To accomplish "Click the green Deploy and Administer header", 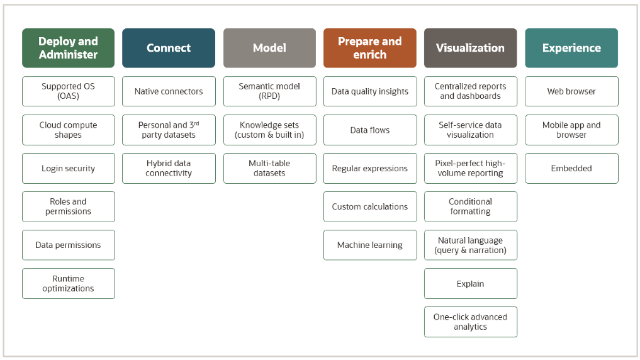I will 68,48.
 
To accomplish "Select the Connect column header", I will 169,48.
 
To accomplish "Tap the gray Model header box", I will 269,48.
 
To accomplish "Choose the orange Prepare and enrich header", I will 369,48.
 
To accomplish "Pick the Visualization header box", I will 470,48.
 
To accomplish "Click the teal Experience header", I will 571,48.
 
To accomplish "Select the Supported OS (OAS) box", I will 68,91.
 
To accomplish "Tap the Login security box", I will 68,169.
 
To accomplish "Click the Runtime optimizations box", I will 68,283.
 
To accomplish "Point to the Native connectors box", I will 169,91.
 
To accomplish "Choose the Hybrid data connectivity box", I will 169,169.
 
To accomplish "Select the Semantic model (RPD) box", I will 269,91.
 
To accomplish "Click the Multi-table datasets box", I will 269,169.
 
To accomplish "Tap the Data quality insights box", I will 369,91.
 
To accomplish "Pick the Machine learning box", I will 369,245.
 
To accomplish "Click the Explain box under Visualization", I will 470,283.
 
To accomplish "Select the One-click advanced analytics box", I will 470,322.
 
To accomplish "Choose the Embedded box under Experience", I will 571,169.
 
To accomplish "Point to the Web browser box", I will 571,91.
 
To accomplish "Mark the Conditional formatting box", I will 470,206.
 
